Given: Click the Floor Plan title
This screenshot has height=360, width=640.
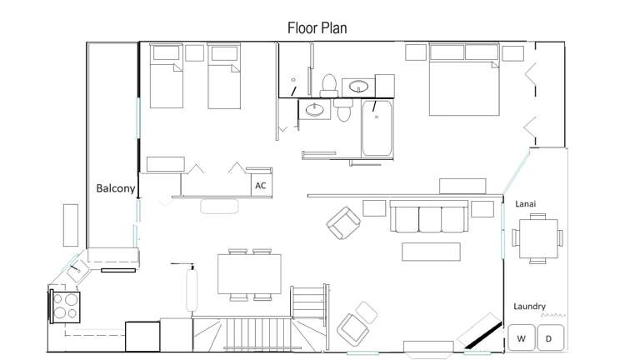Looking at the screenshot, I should click(x=317, y=27).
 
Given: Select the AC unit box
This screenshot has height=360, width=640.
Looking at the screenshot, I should click(x=261, y=185).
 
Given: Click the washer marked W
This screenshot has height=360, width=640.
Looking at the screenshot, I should click(x=522, y=338).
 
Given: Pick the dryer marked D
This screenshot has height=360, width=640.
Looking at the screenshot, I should click(x=548, y=338).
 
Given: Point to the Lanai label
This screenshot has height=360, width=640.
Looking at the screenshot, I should click(x=526, y=203).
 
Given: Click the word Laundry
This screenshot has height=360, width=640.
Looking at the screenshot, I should click(x=530, y=307).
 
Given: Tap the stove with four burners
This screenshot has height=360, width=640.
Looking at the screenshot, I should click(x=65, y=307).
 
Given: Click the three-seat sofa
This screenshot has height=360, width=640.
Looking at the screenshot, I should click(x=427, y=217).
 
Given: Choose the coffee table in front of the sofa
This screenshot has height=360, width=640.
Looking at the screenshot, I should click(x=431, y=251).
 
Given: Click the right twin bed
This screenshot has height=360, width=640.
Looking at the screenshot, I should click(x=223, y=77).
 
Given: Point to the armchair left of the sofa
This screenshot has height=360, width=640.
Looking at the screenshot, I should click(x=343, y=222).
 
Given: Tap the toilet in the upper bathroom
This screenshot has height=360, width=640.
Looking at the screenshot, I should click(x=328, y=84).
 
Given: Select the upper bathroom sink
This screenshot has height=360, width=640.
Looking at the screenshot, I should click(x=360, y=86).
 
